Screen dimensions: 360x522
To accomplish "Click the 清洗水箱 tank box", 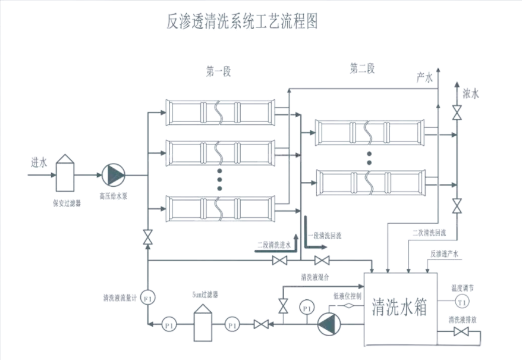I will (400, 309).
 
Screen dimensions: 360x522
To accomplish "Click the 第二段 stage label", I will (362, 69).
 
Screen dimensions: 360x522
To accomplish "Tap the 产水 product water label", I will (424, 77).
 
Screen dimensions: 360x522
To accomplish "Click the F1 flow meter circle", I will (147, 298).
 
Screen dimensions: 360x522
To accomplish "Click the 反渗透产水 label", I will (445, 253).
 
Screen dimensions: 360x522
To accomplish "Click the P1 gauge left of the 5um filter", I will (170, 325).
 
